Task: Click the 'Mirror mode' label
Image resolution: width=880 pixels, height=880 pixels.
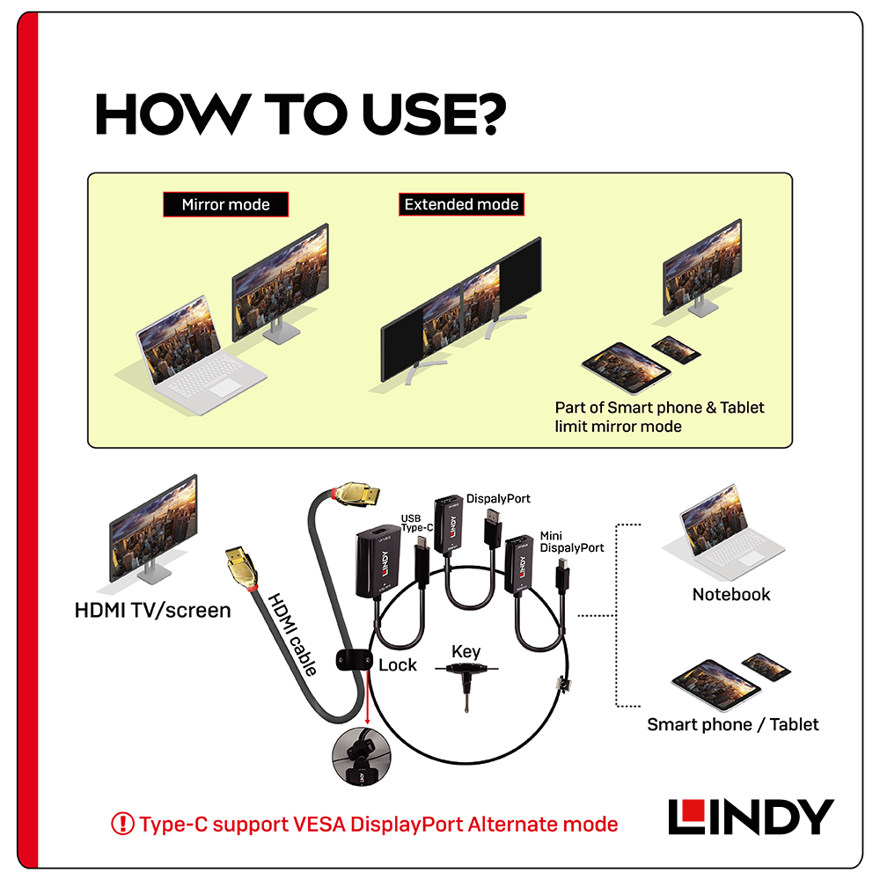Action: pos(225,204)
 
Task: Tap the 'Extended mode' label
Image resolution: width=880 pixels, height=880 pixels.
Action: pos(461,204)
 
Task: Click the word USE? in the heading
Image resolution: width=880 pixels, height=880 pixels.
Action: pos(434,114)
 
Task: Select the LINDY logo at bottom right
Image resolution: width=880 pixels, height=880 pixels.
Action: pos(751,817)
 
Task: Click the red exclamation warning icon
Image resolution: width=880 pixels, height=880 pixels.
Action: pos(122,824)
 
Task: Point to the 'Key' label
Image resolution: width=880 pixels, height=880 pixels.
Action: pos(466,651)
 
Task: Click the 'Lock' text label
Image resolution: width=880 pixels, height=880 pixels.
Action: pos(398,665)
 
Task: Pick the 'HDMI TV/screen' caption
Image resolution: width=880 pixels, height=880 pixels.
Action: pos(152,610)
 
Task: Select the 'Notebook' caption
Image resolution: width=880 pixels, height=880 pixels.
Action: pos(731,594)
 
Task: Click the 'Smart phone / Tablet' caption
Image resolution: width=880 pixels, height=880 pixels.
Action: pos(733,724)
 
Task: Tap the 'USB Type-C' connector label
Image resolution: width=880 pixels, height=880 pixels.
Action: pos(416,523)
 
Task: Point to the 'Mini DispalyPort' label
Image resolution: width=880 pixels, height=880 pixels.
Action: pos(571,541)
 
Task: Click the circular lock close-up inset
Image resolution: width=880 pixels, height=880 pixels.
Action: pos(362,756)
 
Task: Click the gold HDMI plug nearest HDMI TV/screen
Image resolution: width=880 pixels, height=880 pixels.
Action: pos(243,568)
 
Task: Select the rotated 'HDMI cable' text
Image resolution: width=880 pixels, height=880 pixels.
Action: pos(292,634)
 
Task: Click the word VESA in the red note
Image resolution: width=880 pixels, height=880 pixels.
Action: pos(319,825)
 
